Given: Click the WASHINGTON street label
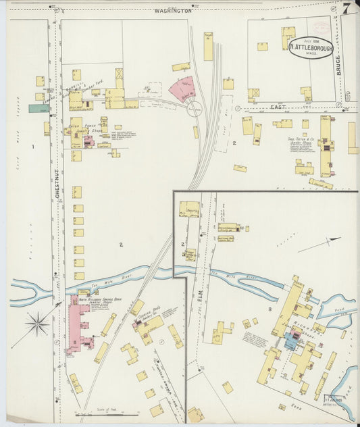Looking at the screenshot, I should (x=173, y=11).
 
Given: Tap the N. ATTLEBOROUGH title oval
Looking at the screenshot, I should (x=311, y=47).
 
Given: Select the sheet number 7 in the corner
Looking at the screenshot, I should (x=345, y=9).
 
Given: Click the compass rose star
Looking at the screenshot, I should (x=37, y=324).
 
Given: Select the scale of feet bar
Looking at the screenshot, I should (x=102, y=413).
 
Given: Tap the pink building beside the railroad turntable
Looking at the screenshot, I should (x=181, y=89).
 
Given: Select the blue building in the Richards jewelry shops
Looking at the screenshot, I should (x=290, y=341).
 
